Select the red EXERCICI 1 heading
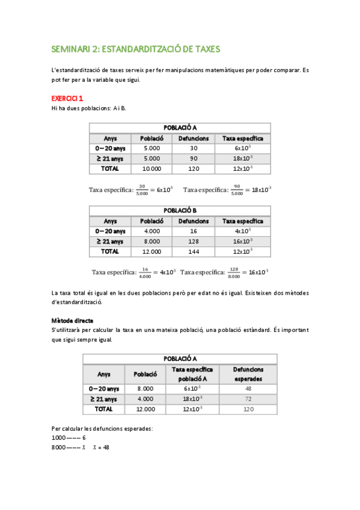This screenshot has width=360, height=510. [67, 98]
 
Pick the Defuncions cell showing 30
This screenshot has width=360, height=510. [194, 148]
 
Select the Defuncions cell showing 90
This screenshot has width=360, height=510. [194, 158]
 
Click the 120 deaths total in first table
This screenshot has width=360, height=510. [194, 168]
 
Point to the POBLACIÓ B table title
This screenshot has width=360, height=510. [180, 210]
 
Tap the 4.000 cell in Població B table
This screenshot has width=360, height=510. [152, 231]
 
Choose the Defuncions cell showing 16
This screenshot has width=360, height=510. [194, 231]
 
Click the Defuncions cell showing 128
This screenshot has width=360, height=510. [194, 241]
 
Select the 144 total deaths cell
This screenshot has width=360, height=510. [194, 251]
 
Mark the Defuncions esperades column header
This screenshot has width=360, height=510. [248, 374]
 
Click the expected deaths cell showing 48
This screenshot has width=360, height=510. [248, 389]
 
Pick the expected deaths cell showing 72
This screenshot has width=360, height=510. [248, 399]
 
